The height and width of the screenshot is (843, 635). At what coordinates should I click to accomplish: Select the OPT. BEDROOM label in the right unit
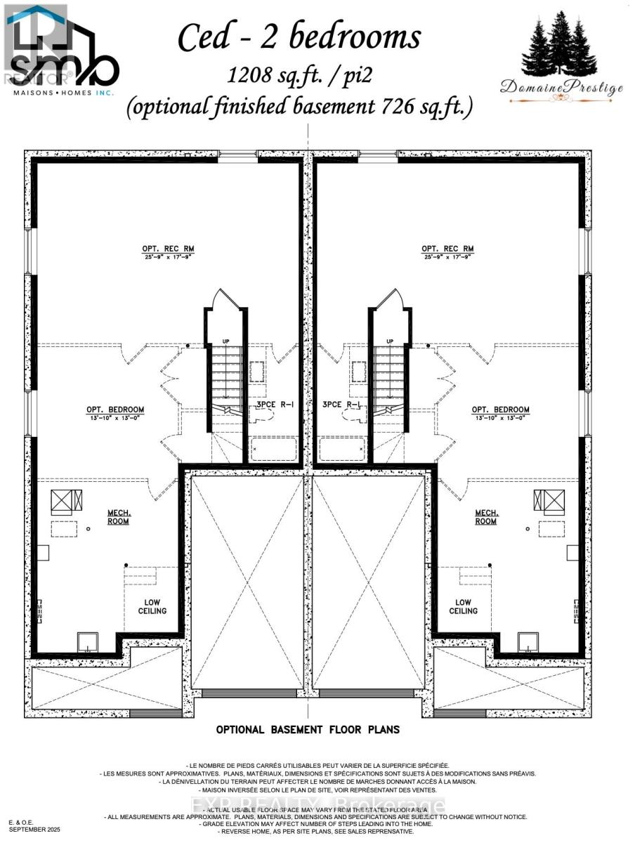(500, 410)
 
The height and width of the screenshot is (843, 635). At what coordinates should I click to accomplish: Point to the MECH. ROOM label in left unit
(116, 517)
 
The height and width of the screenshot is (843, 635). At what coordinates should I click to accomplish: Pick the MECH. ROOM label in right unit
(485, 517)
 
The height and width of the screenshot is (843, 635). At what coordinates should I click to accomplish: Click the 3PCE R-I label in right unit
(342, 405)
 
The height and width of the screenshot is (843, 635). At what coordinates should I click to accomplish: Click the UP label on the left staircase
(225, 341)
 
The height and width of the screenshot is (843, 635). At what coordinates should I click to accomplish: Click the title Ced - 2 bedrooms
(299, 37)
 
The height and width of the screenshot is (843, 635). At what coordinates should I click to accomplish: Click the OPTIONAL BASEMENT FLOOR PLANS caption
(308, 729)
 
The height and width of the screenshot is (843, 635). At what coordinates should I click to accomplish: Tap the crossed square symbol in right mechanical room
(549, 499)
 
